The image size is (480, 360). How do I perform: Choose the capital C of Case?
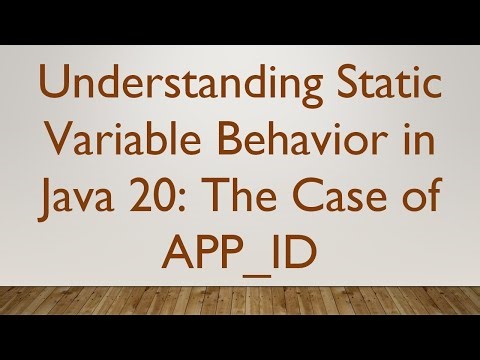tap(312, 198)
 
